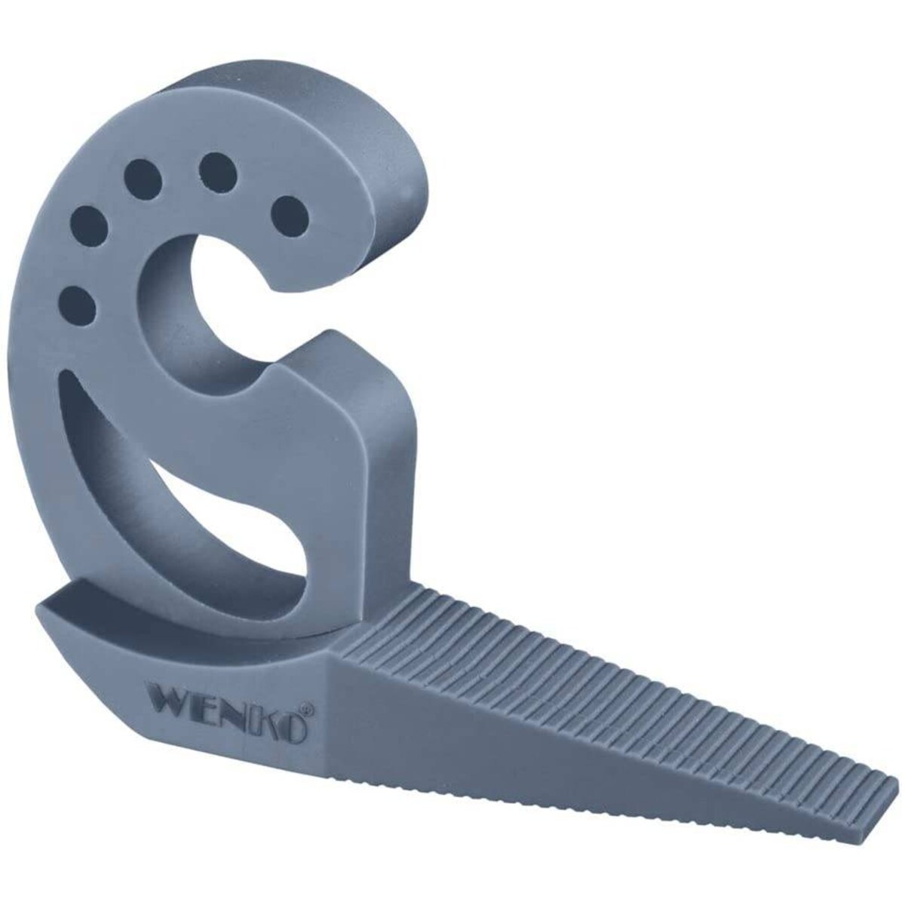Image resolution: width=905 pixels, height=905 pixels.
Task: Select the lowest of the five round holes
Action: (81, 304)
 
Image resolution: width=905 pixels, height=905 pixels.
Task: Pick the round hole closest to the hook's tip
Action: (290, 216)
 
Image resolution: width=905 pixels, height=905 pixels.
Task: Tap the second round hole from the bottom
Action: (88, 225)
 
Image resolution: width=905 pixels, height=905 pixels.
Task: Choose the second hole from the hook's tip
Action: (217, 171)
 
